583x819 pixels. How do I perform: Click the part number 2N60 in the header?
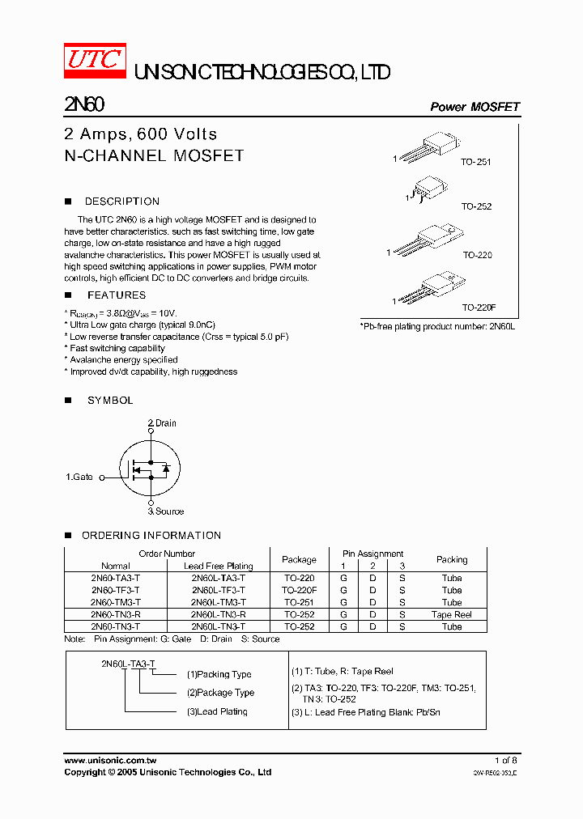(83, 105)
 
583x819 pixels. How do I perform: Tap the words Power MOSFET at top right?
(474, 107)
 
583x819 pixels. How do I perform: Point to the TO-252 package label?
(476, 206)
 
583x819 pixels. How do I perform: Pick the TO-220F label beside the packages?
(479, 308)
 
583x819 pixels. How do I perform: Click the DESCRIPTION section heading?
(121, 202)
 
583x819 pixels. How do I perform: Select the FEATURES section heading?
(117, 295)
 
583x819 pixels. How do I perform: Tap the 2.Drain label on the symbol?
(162, 423)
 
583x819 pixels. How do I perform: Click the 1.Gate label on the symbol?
(79, 477)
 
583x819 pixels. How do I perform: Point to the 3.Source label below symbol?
(165, 511)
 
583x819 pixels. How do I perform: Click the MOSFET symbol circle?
(151, 468)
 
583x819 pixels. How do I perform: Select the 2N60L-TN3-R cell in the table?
(218, 614)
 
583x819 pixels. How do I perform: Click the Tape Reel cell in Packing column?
(451, 614)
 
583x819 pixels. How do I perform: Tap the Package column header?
(299, 559)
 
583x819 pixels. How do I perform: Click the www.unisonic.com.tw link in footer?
(109, 761)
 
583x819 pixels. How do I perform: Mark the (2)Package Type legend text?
(220, 693)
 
